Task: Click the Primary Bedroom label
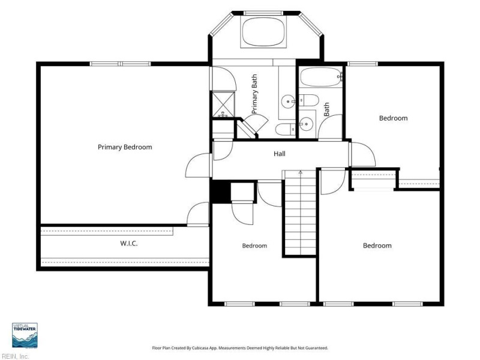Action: point(125,147)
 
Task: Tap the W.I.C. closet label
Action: point(129,244)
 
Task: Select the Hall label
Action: point(280,154)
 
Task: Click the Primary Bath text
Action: point(254,94)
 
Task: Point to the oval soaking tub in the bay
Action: point(263,32)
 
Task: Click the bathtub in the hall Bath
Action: point(320,77)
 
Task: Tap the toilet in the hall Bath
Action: point(308,100)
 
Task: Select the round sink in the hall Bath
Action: point(306,124)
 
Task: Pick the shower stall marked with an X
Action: point(224,104)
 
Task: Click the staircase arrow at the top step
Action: point(301,172)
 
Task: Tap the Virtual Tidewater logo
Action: point(25,335)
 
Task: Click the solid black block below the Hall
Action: point(220,191)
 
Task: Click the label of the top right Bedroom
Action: point(394,118)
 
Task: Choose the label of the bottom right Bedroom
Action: point(377,245)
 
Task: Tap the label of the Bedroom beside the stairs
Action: point(254,246)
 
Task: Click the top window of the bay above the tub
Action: point(263,13)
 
